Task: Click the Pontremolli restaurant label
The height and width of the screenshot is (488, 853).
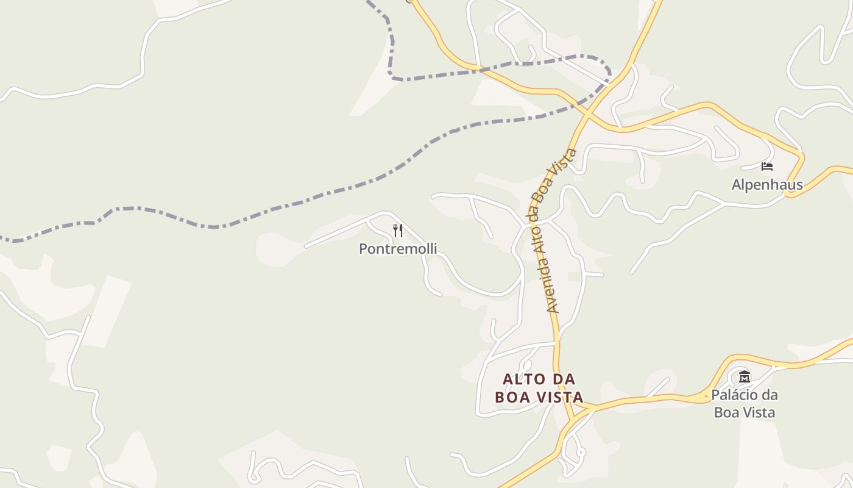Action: point(398,249)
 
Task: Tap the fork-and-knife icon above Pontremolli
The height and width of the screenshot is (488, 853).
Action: point(398,230)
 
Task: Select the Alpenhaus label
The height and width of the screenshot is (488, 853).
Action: point(767,185)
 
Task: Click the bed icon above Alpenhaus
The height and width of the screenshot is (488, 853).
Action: point(767,166)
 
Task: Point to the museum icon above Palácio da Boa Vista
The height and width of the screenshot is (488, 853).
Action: point(744,376)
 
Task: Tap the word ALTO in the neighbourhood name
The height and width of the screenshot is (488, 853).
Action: point(521,379)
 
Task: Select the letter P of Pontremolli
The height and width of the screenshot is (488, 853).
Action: point(363,249)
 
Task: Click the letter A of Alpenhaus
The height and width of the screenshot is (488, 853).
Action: point(736,185)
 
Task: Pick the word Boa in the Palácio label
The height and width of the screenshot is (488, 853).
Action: point(726,412)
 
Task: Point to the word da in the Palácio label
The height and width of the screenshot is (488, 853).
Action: point(770,395)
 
